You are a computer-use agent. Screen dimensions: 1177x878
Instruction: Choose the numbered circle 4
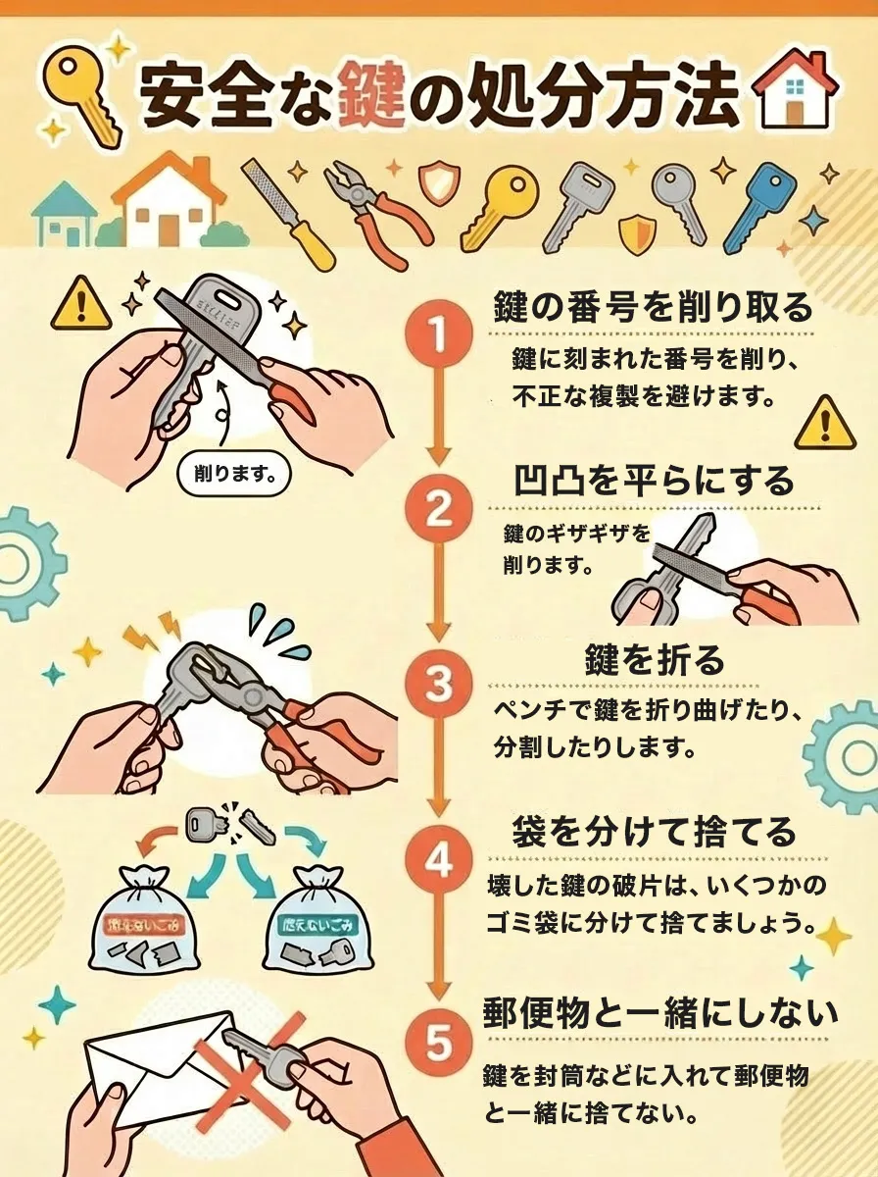coord(438,860)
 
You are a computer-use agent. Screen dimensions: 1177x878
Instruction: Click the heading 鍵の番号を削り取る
coord(652,307)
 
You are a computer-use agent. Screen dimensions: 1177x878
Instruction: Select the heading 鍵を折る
coord(655,659)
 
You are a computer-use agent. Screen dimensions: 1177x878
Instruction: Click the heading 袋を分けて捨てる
coord(654,832)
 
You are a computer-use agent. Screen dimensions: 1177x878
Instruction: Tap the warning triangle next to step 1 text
coord(825,422)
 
